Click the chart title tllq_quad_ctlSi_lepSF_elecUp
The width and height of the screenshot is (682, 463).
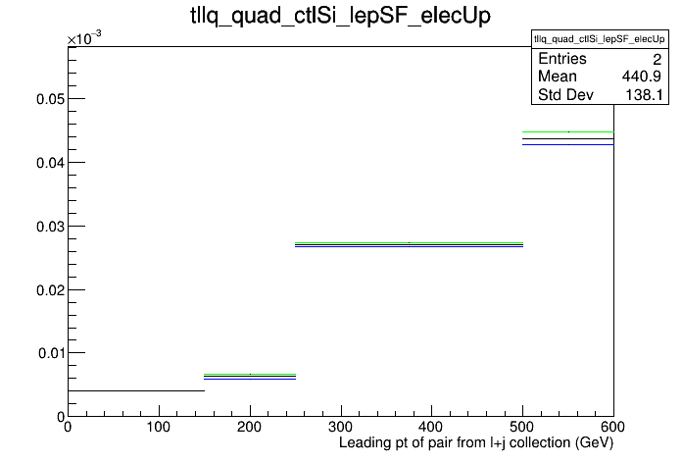pos(341,16)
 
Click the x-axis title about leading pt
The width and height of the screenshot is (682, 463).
pos(476,443)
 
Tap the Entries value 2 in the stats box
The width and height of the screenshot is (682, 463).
pos(657,59)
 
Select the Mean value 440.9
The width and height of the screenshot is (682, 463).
pos(642,77)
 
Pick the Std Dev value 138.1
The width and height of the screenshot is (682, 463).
pos(644,94)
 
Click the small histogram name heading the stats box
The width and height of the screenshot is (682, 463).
pos(600,39)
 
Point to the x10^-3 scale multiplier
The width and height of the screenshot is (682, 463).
pos(84,38)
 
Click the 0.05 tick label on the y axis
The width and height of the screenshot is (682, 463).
pos(50,99)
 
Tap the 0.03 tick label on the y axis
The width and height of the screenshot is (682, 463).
pos(50,227)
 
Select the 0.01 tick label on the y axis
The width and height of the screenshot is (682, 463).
pos(51,353)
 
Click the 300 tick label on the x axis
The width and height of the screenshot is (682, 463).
pos(341,427)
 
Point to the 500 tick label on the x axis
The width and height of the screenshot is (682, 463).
pos(522,427)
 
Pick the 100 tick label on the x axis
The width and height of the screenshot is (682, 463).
pos(159,427)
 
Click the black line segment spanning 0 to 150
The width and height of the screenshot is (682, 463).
pos(136,390)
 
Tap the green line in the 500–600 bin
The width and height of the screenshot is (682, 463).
pos(568,131)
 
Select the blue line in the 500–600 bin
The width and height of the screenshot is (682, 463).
pos(568,144)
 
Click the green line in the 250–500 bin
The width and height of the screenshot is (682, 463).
pos(409,242)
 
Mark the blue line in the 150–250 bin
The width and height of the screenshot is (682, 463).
pos(250,379)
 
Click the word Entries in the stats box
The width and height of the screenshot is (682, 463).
pos(561,59)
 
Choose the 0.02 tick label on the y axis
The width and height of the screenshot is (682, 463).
pos(50,290)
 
